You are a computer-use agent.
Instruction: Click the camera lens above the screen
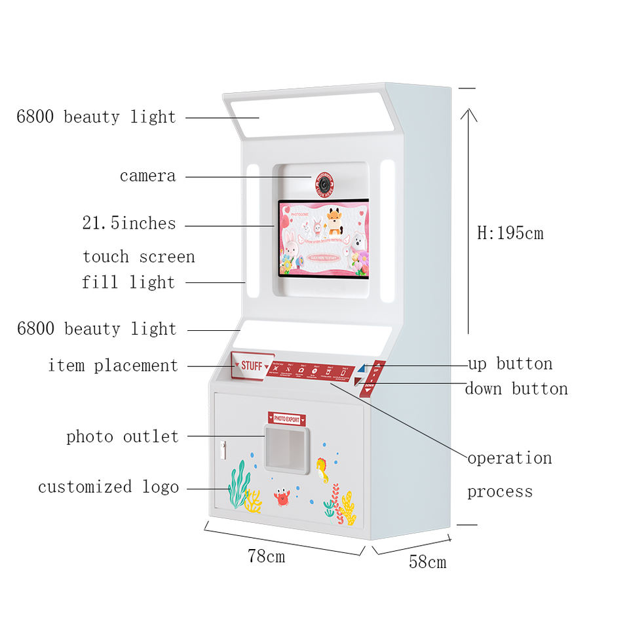tap(325, 184)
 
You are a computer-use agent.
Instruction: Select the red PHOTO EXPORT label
tap(287, 418)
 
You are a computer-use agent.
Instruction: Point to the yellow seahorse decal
tap(322, 469)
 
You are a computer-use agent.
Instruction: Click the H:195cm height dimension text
tap(510, 233)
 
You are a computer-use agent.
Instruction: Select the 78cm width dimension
tap(266, 556)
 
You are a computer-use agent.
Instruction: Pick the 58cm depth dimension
tap(427, 562)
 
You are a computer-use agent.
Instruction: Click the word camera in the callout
tap(147, 176)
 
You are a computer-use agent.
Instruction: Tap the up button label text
tap(510, 364)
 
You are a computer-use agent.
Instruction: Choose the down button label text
tap(516, 389)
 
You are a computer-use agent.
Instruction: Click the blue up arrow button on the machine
tap(360, 371)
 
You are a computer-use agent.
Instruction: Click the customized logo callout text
tap(108, 487)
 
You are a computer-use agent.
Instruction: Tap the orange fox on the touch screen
tap(334, 221)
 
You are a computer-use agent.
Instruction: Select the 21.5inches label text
tap(128, 223)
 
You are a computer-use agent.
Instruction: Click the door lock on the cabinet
tap(223, 449)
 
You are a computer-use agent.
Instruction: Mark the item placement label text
tap(113, 366)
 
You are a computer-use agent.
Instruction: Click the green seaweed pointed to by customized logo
tap(238, 485)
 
